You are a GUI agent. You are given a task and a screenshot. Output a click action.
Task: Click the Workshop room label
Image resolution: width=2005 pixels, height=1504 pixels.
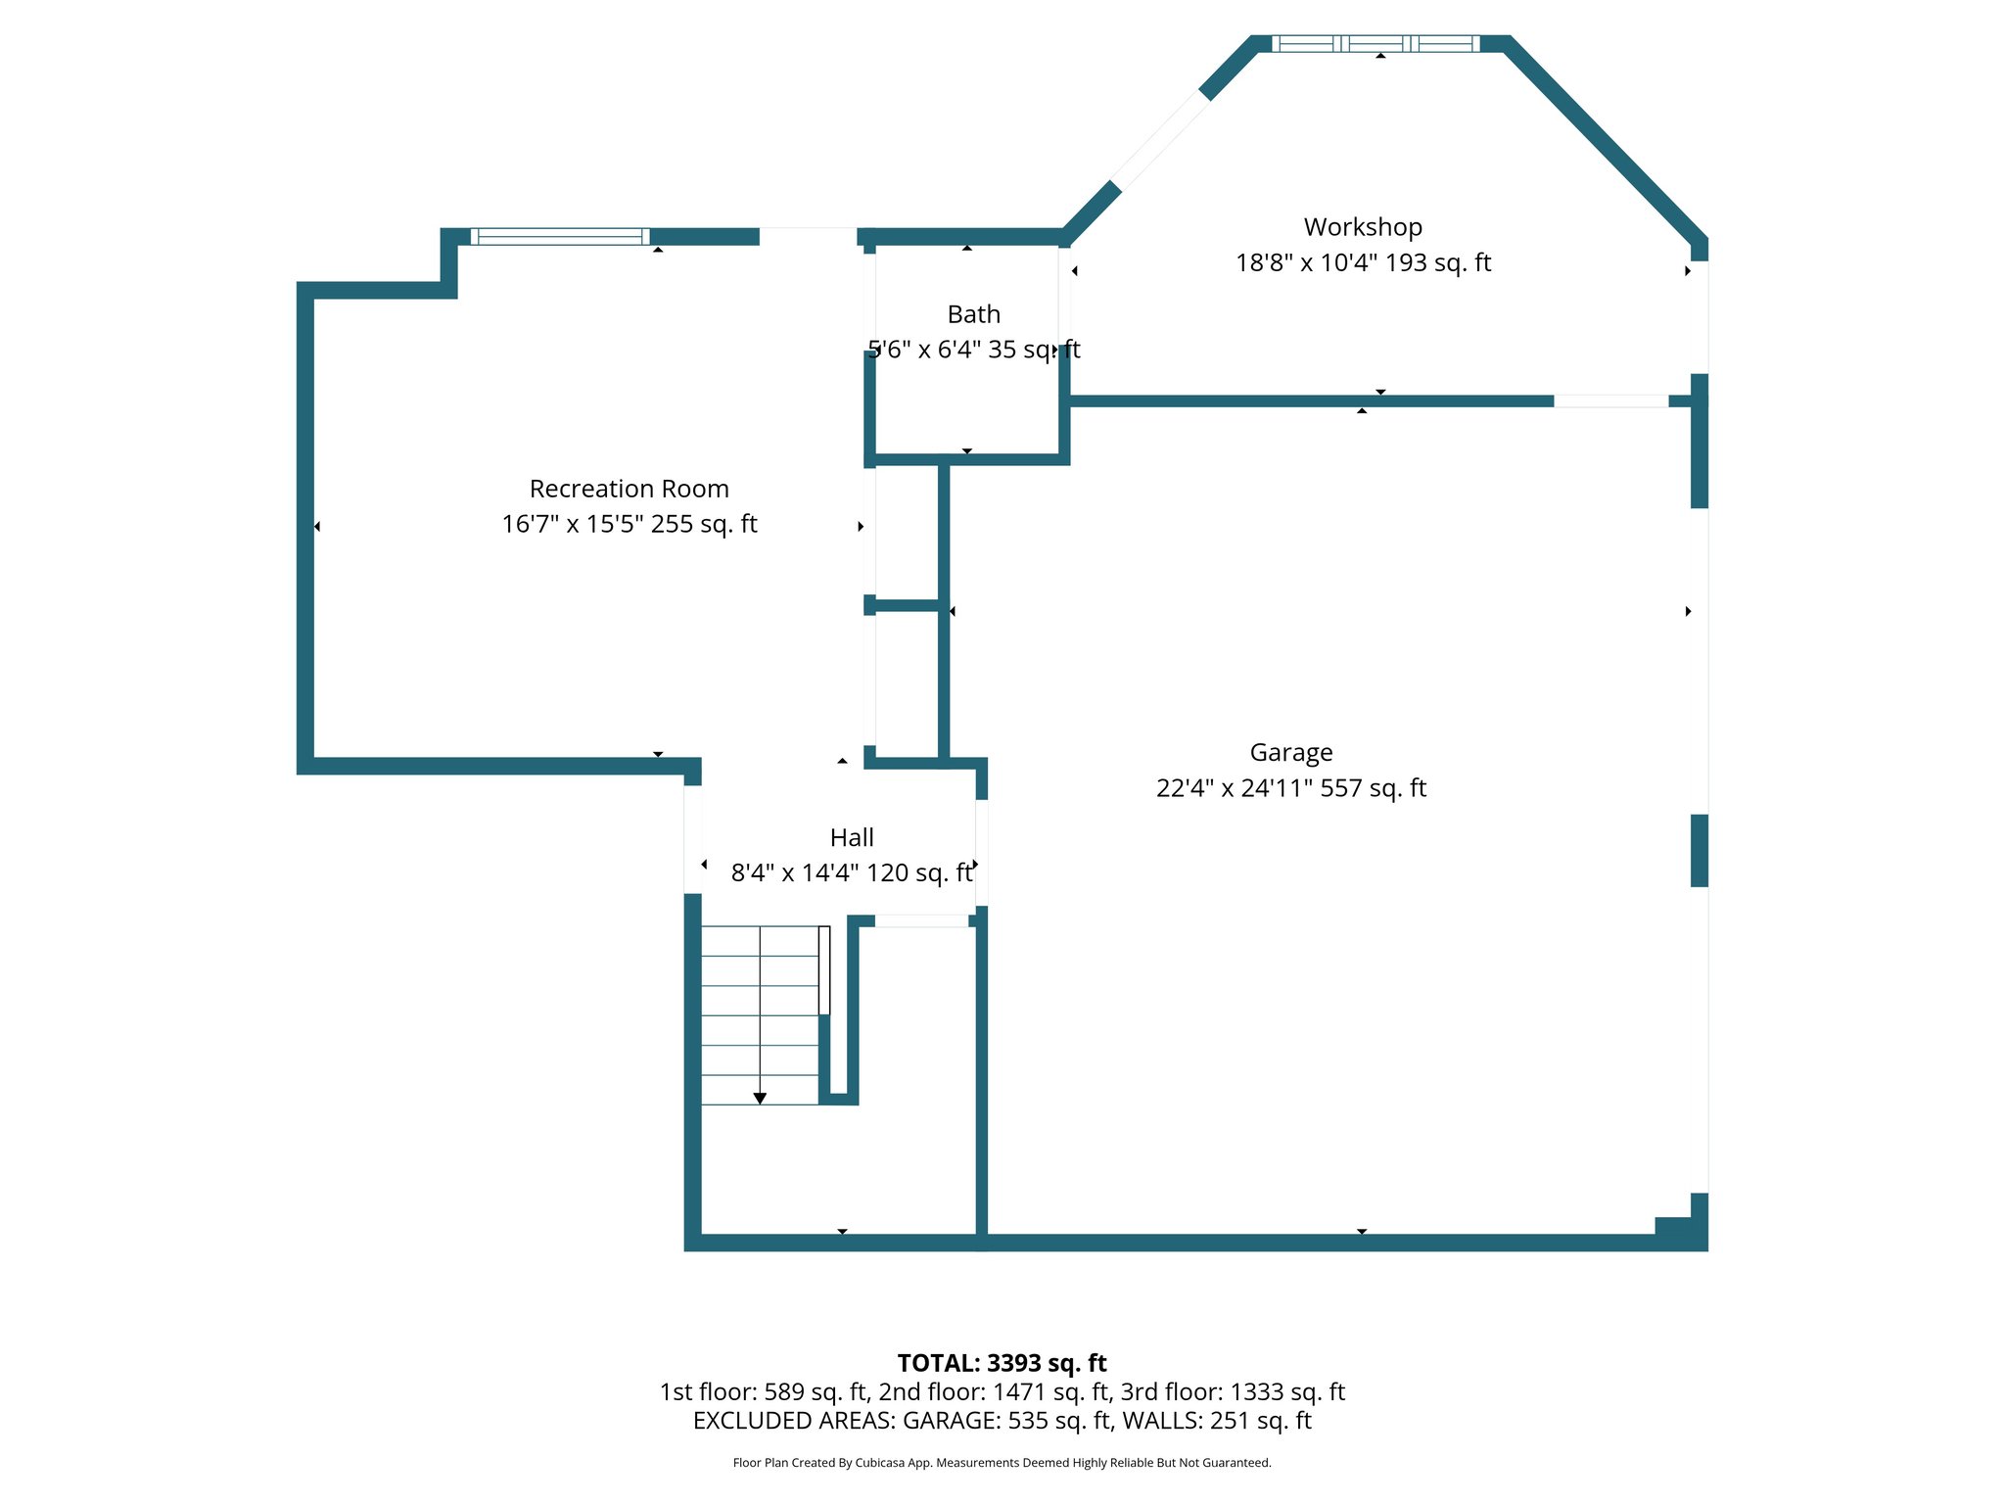(x=1362, y=227)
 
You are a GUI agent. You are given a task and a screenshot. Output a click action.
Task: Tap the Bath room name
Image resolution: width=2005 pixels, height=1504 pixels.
(x=973, y=314)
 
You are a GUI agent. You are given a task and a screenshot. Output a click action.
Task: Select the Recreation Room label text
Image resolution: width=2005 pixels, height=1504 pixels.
(x=629, y=489)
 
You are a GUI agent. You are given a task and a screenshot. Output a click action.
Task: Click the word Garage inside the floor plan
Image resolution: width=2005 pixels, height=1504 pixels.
(x=1290, y=752)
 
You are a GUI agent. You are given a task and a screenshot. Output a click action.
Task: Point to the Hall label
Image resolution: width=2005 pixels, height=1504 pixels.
(x=851, y=837)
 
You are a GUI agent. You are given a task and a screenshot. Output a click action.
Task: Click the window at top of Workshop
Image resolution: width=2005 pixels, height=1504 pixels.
(x=1375, y=43)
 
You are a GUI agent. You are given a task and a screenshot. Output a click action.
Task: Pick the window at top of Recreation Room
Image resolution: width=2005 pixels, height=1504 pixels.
(x=559, y=236)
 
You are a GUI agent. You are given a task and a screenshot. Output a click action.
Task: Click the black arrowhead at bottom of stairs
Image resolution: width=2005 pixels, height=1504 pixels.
(x=760, y=1099)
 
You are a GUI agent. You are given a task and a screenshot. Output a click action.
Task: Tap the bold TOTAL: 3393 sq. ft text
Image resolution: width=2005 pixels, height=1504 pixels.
(x=1002, y=1363)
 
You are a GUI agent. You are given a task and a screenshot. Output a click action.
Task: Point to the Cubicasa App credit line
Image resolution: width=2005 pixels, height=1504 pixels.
(x=1002, y=1463)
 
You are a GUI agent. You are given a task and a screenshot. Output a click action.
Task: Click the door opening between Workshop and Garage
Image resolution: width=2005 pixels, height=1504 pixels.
(x=1610, y=400)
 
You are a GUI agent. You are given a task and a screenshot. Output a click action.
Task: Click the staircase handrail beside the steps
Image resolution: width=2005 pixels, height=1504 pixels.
(x=824, y=969)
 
